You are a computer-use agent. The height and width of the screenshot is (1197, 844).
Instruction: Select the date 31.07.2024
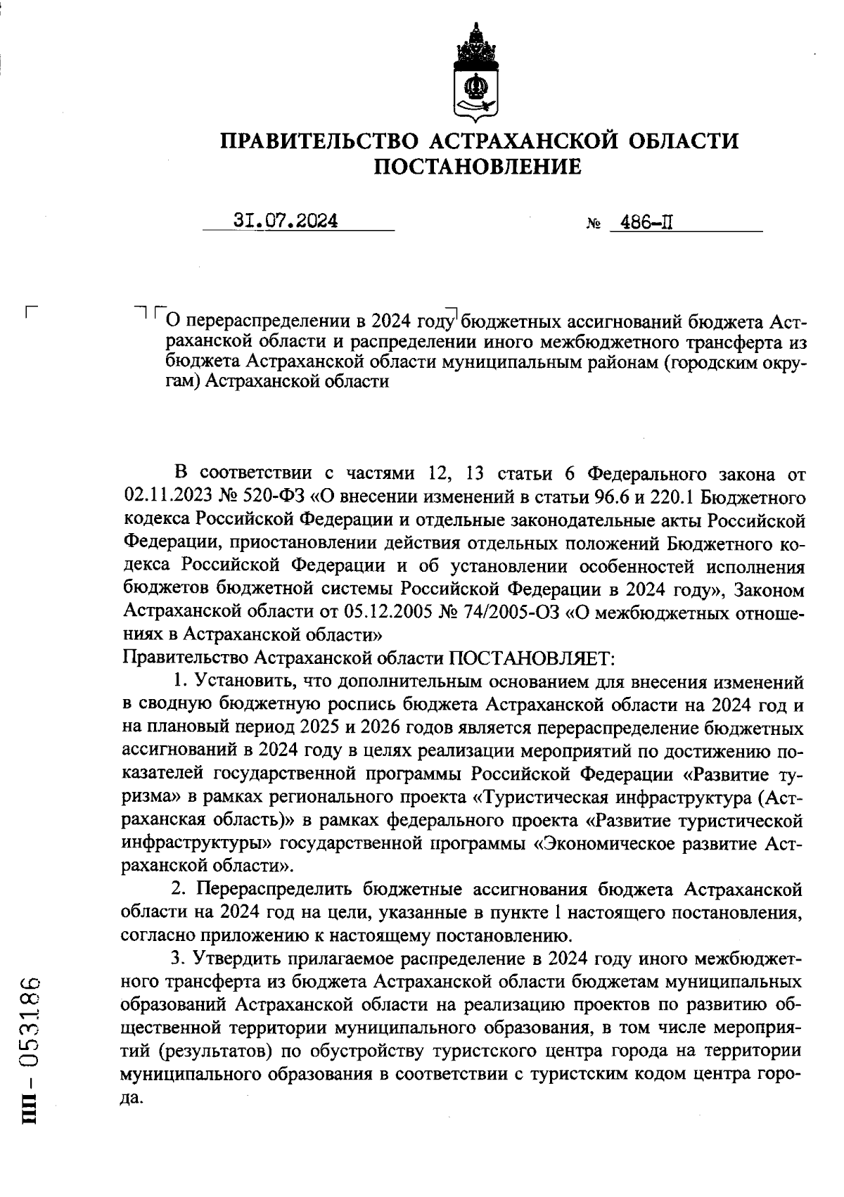point(286,222)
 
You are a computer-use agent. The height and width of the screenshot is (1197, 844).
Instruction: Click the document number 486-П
point(639,224)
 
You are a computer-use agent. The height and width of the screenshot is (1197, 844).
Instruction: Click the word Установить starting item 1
point(243,681)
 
